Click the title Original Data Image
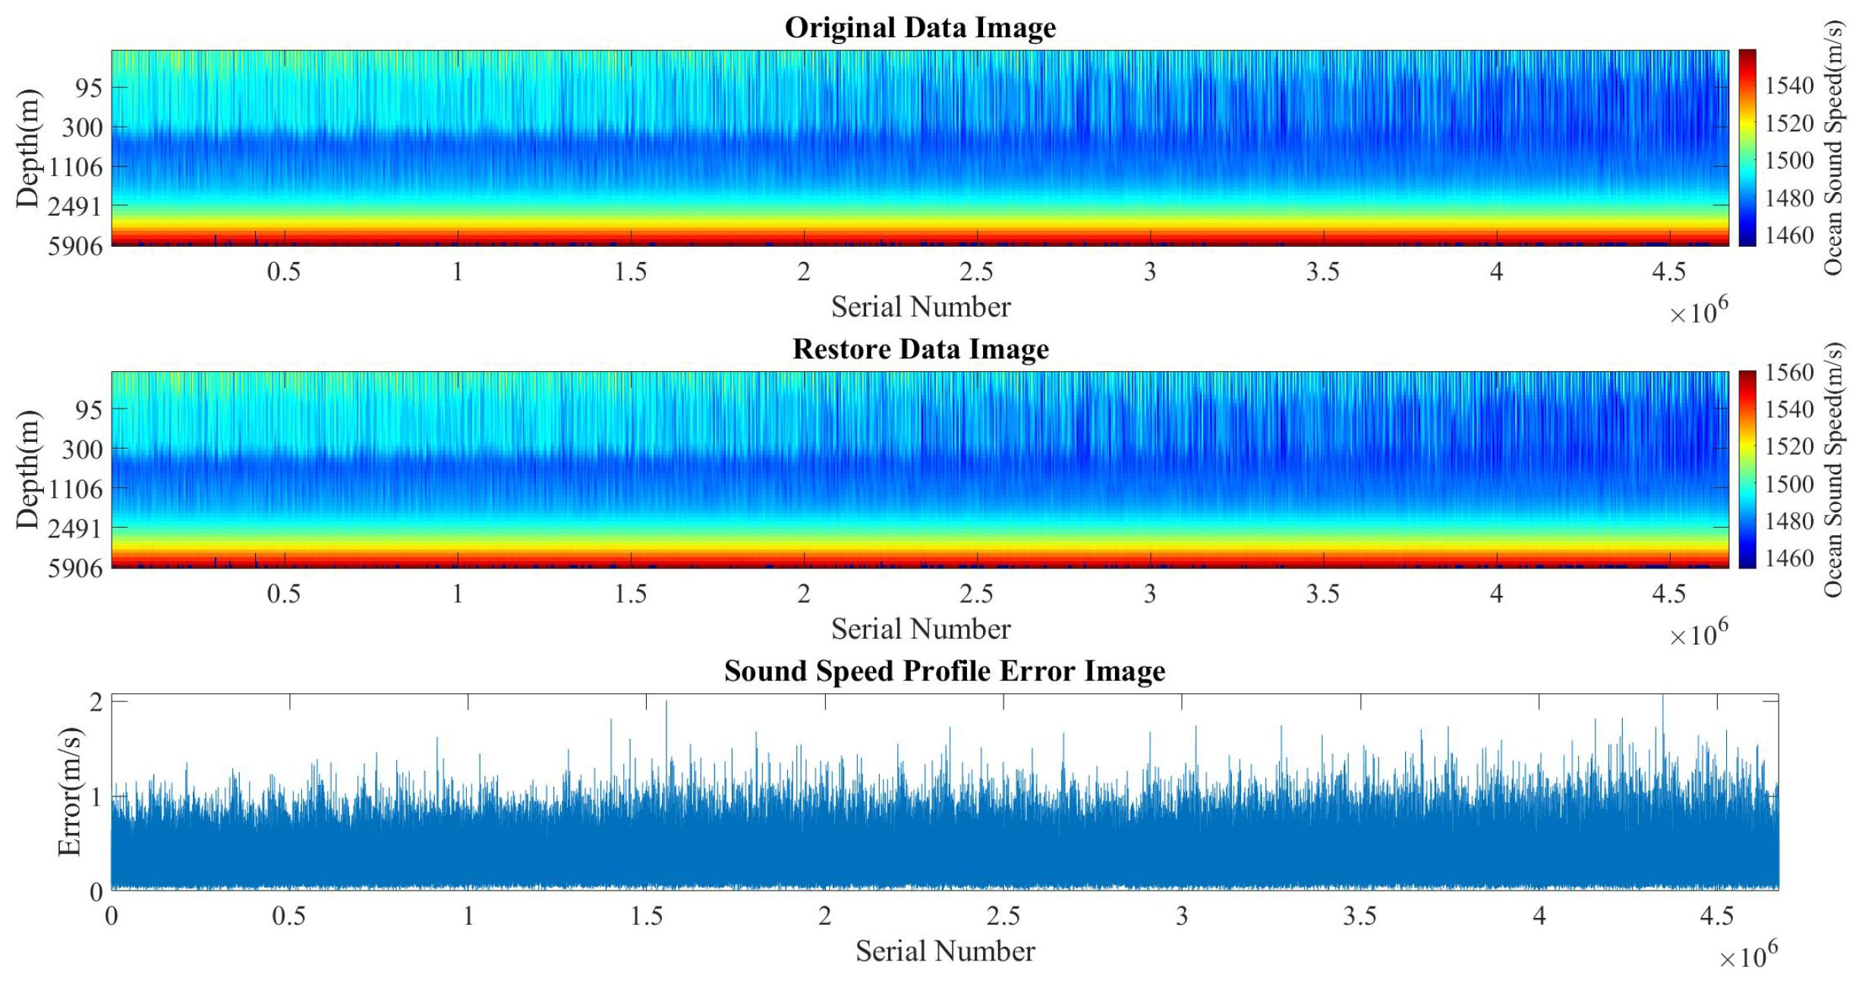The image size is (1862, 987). (x=920, y=28)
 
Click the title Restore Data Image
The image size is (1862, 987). (x=920, y=349)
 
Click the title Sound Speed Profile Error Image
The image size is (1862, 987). (x=944, y=671)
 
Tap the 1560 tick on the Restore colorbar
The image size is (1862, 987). (x=1789, y=373)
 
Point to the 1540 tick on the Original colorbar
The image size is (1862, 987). (x=1789, y=86)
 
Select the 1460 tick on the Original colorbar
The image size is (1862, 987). (x=1789, y=235)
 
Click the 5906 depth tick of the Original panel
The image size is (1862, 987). (x=74, y=246)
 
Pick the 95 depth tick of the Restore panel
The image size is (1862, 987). (x=88, y=410)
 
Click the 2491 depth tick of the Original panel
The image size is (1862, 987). (x=74, y=206)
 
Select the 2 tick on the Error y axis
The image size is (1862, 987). (x=96, y=702)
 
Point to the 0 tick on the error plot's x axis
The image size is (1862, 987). (x=112, y=916)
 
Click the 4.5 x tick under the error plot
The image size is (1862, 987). (x=1717, y=916)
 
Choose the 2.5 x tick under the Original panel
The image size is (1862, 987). (x=976, y=272)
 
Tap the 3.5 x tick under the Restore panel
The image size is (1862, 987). (x=1322, y=594)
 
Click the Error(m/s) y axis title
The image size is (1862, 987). (x=69, y=791)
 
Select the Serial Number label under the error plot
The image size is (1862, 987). (x=944, y=951)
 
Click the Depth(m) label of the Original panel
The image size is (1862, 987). (x=27, y=148)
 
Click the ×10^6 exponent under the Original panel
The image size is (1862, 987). (x=1698, y=312)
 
